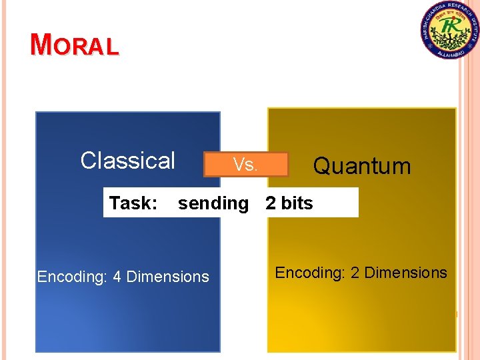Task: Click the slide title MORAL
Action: pos(75,45)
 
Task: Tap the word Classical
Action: pos(127,161)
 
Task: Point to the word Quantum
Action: pos(362,165)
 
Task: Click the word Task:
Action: pos(133,203)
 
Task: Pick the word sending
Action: pos(213,203)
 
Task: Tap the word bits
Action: pos(297,203)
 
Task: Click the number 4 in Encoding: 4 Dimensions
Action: pos(117,277)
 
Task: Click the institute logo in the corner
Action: pos(449,30)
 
